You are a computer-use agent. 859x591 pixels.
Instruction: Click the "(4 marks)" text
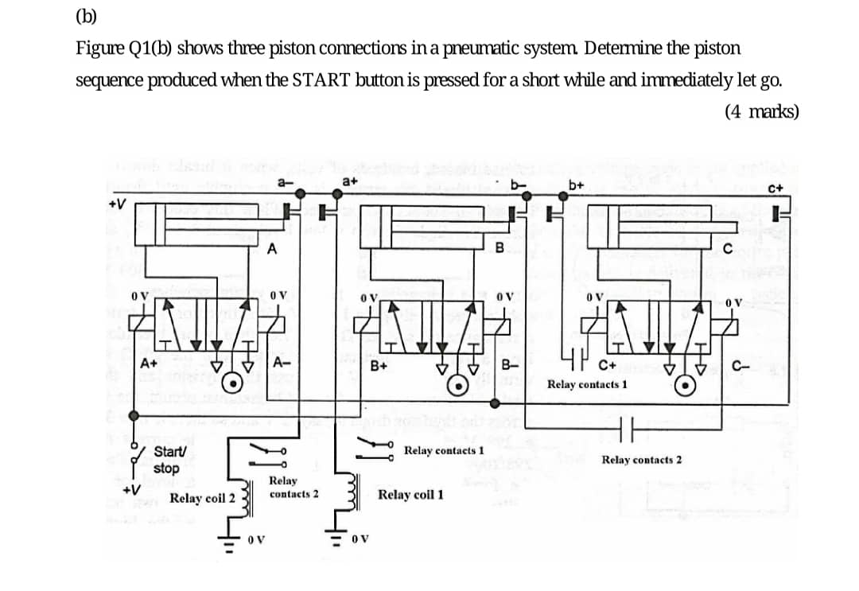pyautogui.click(x=761, y=111)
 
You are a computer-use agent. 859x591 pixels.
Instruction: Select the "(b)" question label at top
pyautogui.click(x=86, y=17)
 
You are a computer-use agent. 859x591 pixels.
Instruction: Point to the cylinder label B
pyautogui.click(x=499, y=247)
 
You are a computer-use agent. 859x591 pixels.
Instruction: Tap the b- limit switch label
pyautogui.click(x=519, y=185)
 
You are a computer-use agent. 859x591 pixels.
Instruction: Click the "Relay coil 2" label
pyautogui.click(x=202, y=498)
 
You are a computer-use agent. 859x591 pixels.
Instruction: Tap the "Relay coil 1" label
pyautogui.click(x=410, y=495)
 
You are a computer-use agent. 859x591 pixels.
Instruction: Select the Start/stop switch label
pyautogui.click(x=167, y=461)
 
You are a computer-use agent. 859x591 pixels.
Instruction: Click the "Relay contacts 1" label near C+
pyautogui.click(x=587, y=384)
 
